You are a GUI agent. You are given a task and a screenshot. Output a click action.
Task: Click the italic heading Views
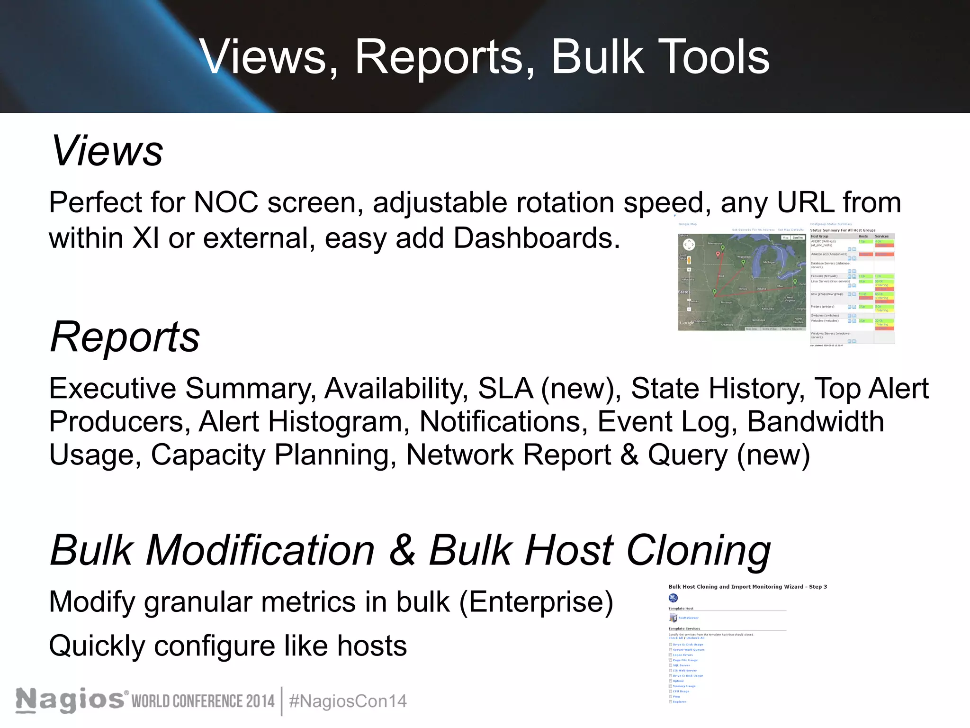point(107,151)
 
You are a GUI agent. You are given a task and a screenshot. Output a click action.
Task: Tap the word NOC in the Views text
point(226,202)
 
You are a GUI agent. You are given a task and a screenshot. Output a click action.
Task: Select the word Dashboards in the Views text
point(536,238)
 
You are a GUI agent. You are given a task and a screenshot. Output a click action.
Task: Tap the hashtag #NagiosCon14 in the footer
point(348,701)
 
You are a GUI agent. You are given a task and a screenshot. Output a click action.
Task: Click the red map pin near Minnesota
point(718,255)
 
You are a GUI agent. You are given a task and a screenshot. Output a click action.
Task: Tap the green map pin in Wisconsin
point(743,262)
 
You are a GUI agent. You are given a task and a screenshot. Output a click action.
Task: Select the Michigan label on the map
point(769,262)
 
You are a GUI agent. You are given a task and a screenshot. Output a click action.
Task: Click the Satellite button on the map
point(798,237)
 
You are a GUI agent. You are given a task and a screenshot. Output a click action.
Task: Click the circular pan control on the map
point(689,245)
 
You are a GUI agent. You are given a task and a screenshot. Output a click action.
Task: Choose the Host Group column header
point(820,236)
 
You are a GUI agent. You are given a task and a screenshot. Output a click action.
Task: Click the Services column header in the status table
point(881,236)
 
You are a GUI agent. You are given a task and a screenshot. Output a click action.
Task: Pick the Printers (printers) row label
point(822,307)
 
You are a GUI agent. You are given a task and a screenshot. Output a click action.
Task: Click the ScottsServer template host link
point(688,618)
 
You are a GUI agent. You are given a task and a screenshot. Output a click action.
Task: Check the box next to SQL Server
point(670,665)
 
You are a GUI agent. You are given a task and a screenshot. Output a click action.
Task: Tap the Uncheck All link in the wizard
point(695,638)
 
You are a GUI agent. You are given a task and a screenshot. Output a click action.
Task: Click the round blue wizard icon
point(673,598)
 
